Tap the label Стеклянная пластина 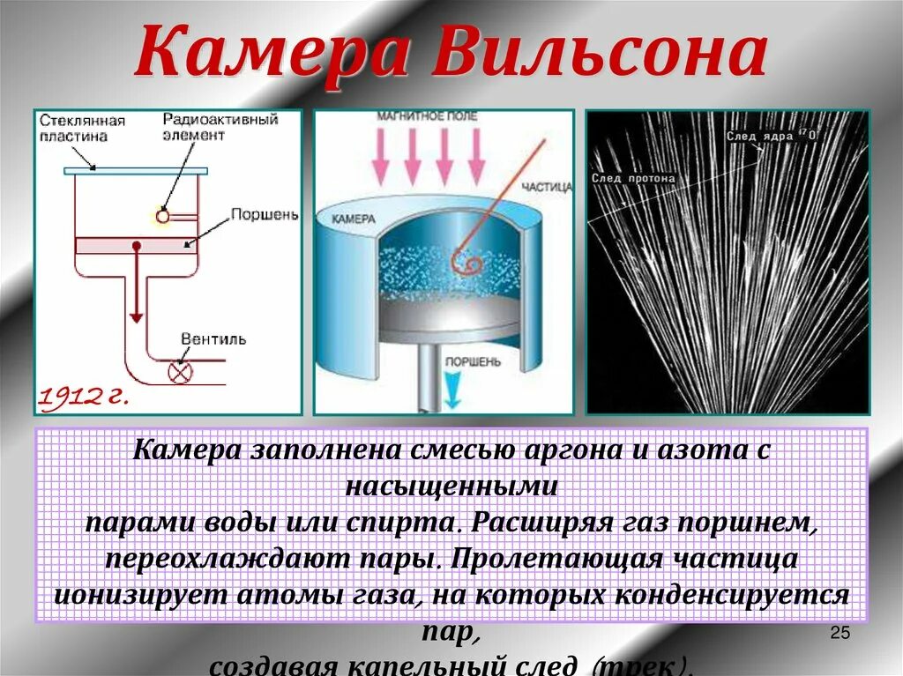[x=82, y=129]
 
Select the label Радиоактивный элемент [x=220, y=127]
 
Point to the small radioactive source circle [x=162, y=215]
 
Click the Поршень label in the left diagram [x=264, y=214]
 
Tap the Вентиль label [x=213, y=339]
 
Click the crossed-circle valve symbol [x=180, y=372]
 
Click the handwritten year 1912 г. [x=83, y=397]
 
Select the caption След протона [x=634, y=178]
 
